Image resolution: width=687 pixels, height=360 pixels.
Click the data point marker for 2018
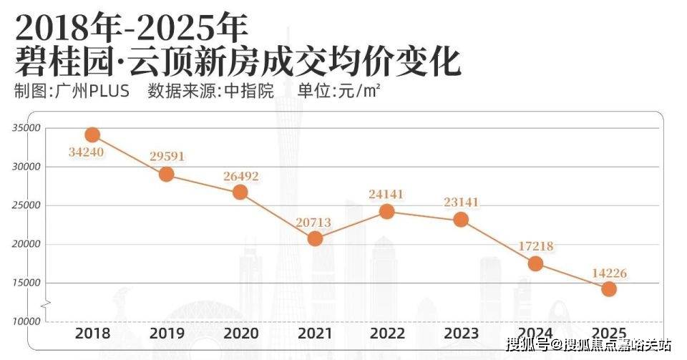point(92,135)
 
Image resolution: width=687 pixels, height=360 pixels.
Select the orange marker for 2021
point(315,238)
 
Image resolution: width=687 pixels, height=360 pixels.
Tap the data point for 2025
point(609,288)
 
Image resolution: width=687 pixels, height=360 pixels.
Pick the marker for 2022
point(386,211)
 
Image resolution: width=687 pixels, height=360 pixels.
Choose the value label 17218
point(534,246)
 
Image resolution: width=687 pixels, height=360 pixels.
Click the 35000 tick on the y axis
point(25,128)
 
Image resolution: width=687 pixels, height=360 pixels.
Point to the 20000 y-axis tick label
point(25,244)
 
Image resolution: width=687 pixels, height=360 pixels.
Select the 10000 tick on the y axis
point(25,321)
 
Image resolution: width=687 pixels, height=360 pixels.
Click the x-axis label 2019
point(166,334)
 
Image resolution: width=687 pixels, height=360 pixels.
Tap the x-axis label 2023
point(461,334)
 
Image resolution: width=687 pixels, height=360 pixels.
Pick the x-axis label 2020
point(240,334)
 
